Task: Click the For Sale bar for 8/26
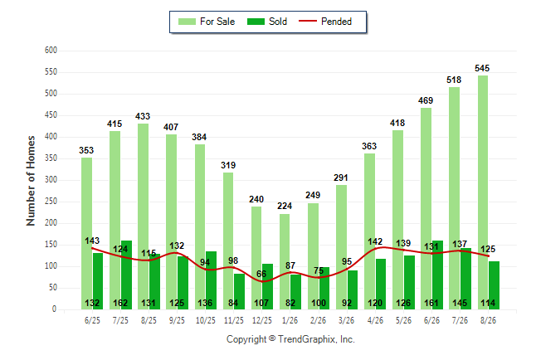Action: (483, 192)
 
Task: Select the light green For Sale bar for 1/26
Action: (285, 262)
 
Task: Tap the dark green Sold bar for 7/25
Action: (126, 275)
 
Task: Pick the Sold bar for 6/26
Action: (437, 275)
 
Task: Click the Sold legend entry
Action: (267, 22)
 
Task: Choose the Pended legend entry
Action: (325, 22)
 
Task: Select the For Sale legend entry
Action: (207, 22)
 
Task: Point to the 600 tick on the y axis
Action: (51, 51)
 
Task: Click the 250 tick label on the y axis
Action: (51, 202)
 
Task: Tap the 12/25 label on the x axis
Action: (262, 320)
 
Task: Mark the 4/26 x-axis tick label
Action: (375, 320)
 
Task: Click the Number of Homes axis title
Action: (31, 181)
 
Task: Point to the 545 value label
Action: (482, 68)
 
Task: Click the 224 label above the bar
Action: (285, 207)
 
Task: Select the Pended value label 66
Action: (261, 275)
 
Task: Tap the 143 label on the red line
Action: (92, 241)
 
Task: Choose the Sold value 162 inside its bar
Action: (120, 303)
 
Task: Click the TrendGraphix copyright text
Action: (290, 339)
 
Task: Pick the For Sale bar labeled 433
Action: (144, 216)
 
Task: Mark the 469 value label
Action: (426, 100)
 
